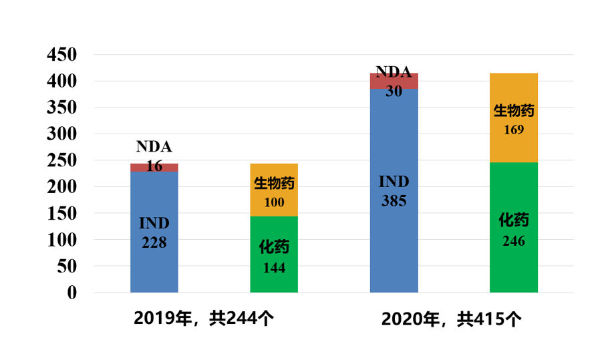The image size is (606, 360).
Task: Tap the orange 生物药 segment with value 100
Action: tap(274, 190)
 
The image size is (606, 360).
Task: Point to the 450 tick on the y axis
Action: tap(62, 55)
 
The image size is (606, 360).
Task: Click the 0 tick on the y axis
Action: tap(71, 293)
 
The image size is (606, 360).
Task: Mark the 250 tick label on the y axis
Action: tap(62, 161)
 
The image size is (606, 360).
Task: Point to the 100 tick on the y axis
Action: tap(62, 240)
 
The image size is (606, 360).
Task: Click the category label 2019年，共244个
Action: tap(203, 318)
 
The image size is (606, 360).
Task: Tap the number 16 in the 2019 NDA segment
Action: tap(154, 166)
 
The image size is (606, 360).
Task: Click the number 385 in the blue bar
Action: tap(394, 200)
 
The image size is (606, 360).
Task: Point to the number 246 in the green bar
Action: tap(513, 241)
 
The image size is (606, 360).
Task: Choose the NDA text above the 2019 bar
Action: tap(154, 147)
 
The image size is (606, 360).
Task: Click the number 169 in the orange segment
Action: tap(513, 130)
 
